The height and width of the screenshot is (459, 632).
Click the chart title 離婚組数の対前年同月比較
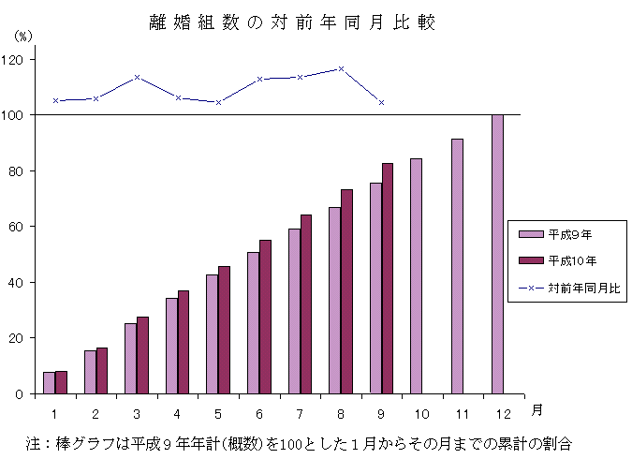click(292, 23)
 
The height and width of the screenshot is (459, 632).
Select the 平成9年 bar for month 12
click(497, 254)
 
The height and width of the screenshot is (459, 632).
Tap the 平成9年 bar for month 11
click(457, 266)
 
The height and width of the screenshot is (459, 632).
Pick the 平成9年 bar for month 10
click(416, 276)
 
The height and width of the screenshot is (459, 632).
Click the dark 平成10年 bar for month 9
click(388, 278)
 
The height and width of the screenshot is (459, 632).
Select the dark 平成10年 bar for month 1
click(61, 382)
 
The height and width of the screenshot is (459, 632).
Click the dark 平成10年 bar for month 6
click(265, 317)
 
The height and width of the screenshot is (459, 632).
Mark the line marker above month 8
click(341, 68)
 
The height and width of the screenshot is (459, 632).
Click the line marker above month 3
click(137, 77)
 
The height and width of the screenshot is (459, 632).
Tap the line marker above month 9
click(381, 102)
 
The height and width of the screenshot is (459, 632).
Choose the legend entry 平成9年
click(563, 234)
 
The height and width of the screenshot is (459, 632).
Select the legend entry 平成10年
click(566, 260)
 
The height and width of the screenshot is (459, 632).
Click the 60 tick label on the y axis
click(17, 227)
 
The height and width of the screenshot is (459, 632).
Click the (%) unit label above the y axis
click(23, 36)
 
